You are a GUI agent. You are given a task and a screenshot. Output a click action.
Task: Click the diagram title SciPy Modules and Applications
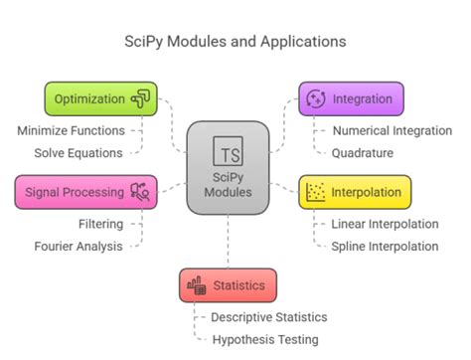click(x=235, y=42)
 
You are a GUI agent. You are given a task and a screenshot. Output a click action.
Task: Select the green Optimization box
click(x=100, y=98)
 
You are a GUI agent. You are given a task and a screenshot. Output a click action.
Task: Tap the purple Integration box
click(x=352, y=98)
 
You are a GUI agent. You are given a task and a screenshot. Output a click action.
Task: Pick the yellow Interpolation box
click(x=355, y=192)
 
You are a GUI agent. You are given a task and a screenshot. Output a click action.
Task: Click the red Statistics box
click(x=228, y=285)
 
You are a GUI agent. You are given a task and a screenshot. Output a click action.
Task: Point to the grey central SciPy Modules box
click(x=228, y=167)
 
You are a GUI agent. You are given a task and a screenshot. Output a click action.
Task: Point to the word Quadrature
click(x=362, y=152)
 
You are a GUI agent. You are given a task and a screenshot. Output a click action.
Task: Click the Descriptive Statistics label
click(x=268, y=317)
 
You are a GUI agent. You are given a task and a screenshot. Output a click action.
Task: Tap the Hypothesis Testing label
click(x=265, y=339)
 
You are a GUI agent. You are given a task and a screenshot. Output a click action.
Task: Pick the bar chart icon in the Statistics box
click(x=196, y=285)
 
